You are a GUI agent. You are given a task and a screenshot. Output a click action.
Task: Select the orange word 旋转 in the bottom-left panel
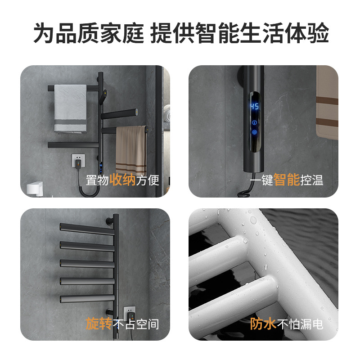pos(99,324)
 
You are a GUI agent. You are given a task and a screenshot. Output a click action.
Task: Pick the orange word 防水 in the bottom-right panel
pos(263,324)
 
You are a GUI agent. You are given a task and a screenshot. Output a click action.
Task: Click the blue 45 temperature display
pos(254,107)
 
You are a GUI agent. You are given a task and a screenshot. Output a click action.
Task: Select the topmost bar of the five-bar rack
pos(88,229)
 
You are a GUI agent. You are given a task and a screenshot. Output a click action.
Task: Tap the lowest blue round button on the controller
pos(255,132)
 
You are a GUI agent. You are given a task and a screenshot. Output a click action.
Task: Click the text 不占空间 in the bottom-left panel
pos(136,324)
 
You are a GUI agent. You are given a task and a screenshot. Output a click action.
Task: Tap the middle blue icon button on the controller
pos(255,122)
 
